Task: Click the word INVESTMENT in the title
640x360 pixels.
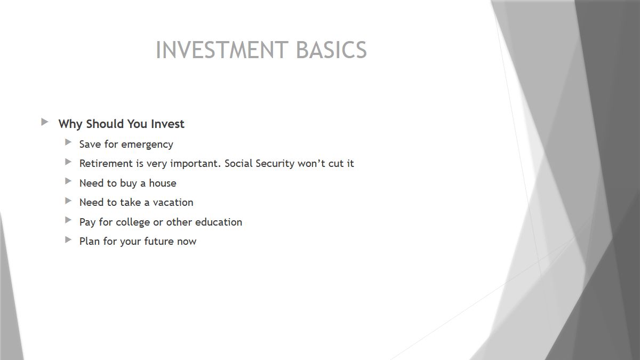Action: pyautogui.click(x=222, y=50)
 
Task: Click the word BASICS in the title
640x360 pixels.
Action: pyautogui.click(x=331, y=50)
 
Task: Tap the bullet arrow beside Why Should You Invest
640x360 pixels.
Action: pyautogui.click(x=45, y=122)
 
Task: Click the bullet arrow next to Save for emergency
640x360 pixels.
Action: pyautogui.click(x=68, y=142)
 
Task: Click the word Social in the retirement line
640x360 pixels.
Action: pyautogui.click(x=238, y=163)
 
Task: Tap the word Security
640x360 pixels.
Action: pyautogui.click(x=275, y=164)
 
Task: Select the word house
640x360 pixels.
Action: pyautogui.click(x=163, y=183)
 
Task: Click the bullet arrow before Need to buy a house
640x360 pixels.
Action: pyautogui.click(x=68, y=181)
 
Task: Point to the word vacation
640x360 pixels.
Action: pyautogui.click(x=173, y=203)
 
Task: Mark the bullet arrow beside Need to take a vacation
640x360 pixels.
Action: pyautogui.click(x=68, y=201)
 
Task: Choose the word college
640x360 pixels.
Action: pyautogui.click(x=133, y=222)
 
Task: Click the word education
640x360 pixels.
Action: pyautogui.click(x=219, y=222)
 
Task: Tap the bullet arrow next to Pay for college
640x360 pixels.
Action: pyautogui.click(x=68, y=220)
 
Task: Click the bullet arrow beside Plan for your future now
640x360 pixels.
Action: pyautogui.click(x=68, y=239)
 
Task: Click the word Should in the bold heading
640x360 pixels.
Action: pyautogui.click(x=106, y=124)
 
